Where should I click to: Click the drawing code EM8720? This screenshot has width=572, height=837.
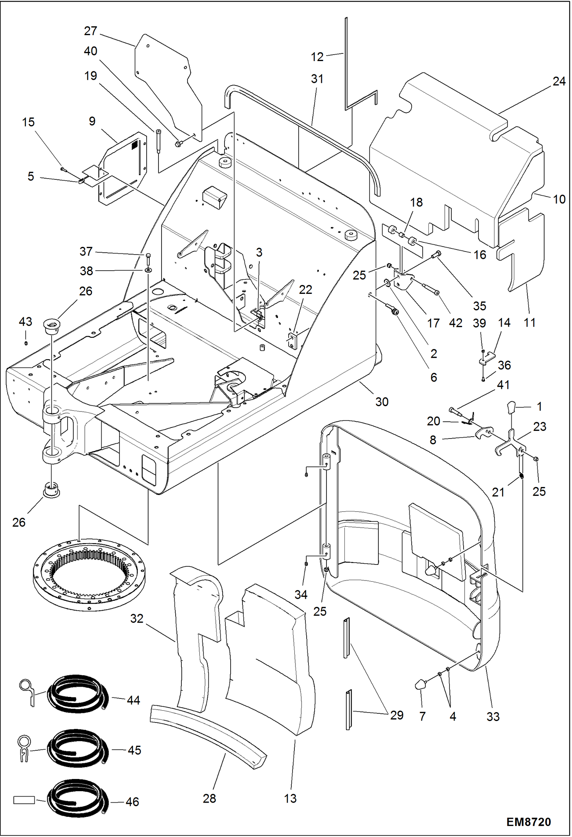pos(528,822)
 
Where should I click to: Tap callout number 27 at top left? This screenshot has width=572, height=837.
pos(90,31)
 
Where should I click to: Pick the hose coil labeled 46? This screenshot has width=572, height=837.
pos(78,798)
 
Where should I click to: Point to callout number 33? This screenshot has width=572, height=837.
pos(493,716)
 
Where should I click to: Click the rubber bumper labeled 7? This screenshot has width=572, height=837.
pos(420,684)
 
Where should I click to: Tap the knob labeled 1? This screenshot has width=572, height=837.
pos(511,407)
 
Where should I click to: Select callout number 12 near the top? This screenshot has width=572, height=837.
pos(317,57)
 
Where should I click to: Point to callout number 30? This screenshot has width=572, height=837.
pos(381,402)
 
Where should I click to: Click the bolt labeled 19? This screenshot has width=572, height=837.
pos(158,141)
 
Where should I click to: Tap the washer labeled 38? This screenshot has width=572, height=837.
pos(148,270)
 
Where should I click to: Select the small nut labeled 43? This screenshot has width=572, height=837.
pos(26,343)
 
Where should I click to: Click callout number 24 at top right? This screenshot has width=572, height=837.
pos(559,81)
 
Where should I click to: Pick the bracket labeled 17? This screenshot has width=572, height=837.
pos(402,280)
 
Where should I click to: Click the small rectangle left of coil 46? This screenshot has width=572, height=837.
pos(24,800)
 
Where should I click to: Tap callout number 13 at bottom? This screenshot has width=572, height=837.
pos(290,798)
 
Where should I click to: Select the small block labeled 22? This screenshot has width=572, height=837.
pos(292,340)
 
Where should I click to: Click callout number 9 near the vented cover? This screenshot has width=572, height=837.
pos(92,121)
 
